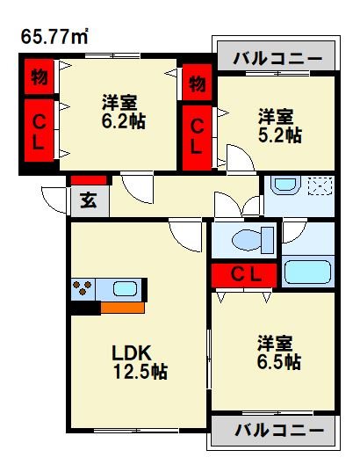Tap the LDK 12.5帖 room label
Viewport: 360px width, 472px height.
[x=139, y=361]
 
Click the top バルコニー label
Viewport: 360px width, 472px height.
[x=278, y=60]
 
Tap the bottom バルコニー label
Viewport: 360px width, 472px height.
[x=278, y=432]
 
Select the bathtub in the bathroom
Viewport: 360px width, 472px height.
[x=307, y=272]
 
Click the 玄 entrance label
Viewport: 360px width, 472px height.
[x=90, y=200]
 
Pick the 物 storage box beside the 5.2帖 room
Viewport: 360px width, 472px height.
[x=198, y=84]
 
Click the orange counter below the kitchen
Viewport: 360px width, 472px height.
[x=122, y=308]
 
